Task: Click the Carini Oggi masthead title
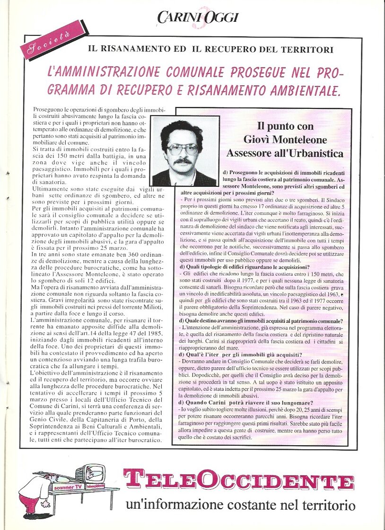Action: pos(198,18)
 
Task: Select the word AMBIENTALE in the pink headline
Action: pos(294,89)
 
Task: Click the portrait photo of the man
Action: pos(185,151)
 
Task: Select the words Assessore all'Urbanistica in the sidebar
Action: pos(285,153)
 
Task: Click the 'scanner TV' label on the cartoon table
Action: pos(67,486)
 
